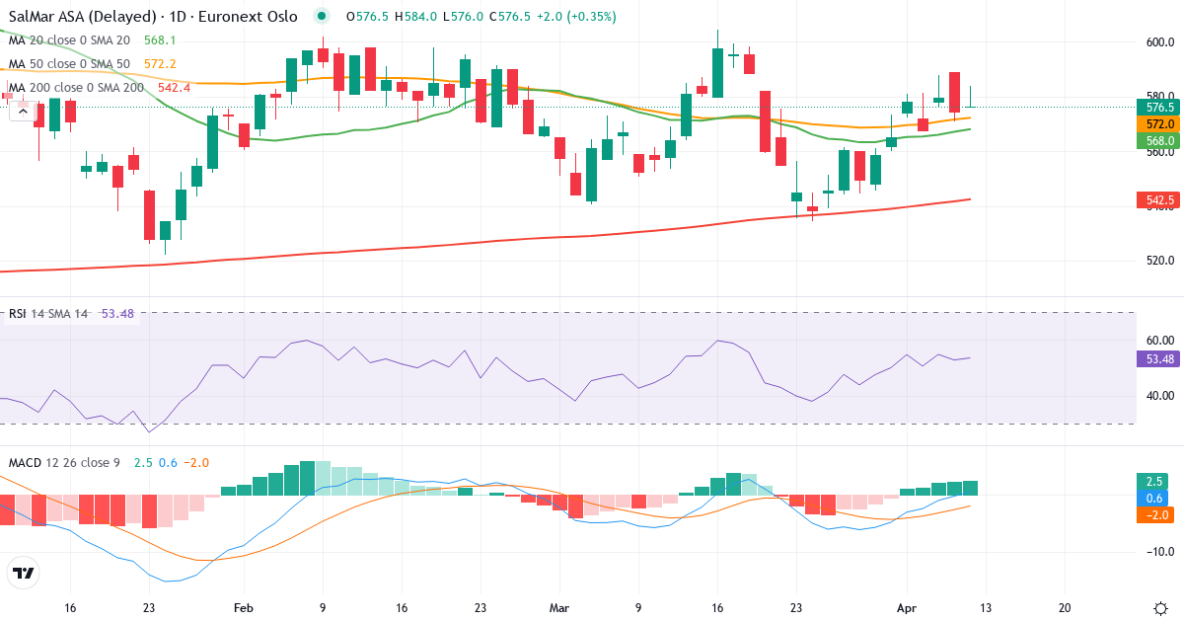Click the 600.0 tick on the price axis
[x=1159, y=42]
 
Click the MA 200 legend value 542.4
[x=173, y=88]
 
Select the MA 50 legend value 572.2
[x=159, y=64]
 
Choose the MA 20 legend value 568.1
[x=159, y=40]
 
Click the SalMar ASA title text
[x=83, y=17]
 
